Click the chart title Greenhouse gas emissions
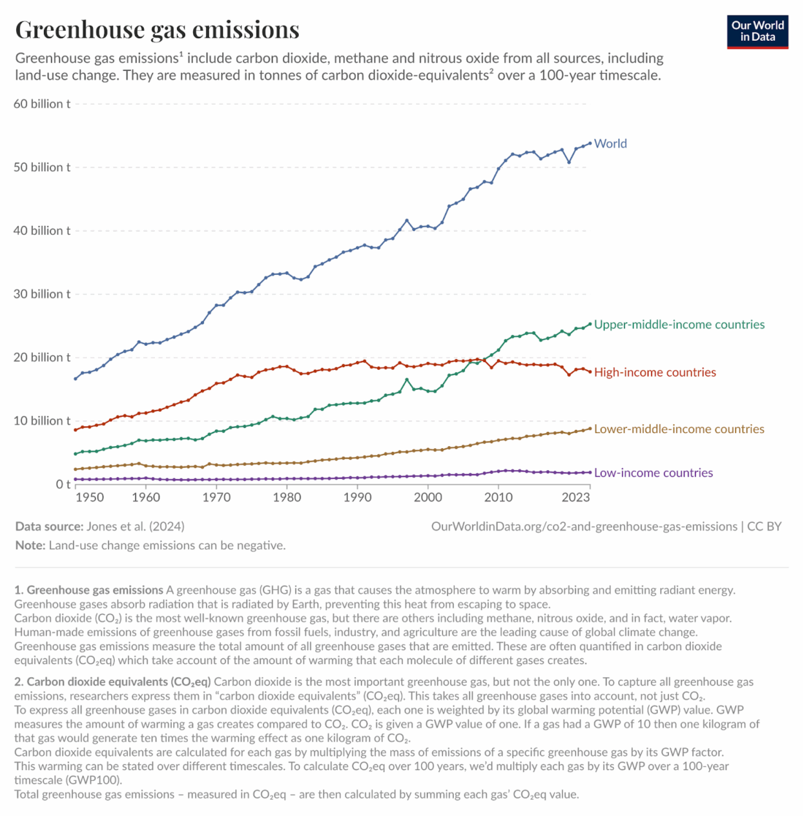coord(157,29)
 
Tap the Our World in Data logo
coord(757,31)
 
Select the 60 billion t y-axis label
coord(42,104)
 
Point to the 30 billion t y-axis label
coord(42,294)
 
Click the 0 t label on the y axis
coord(63,484)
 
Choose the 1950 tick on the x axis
coord(89,498)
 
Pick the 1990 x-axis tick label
coord(357,498)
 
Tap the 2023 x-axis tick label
coord(575,498)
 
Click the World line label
coord(610,143)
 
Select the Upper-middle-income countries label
coord(679,325)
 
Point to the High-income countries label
coord(655,372)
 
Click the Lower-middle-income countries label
coord(679,429)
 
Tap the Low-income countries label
coord(653,473)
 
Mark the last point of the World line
coord(590,143)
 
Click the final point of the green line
coord(590,324)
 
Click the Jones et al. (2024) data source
coord(135,526)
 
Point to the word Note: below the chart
coord(30,545)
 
